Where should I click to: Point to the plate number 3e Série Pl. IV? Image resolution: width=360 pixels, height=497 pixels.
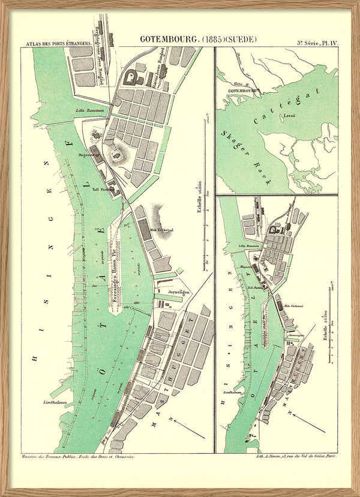(317, 43)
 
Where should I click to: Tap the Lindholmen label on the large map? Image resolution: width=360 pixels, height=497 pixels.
(55, 402)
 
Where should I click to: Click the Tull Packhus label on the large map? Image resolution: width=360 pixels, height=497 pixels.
(103, 188)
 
